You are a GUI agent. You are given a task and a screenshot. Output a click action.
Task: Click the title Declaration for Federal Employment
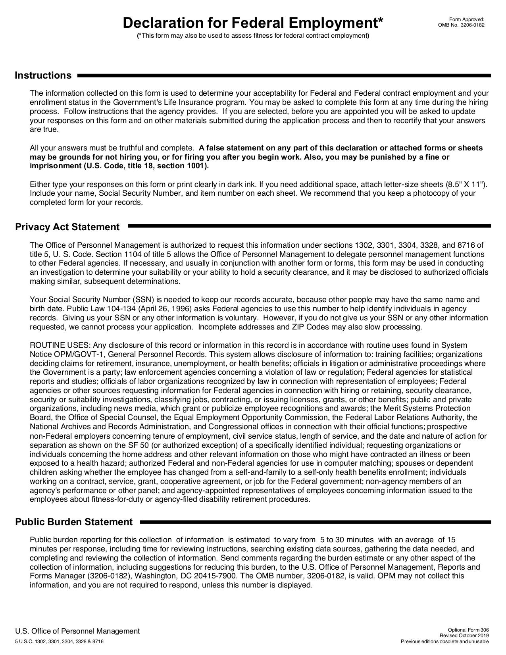(x=253, y=23)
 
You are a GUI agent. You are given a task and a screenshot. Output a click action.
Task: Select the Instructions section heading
(x=43, y=75)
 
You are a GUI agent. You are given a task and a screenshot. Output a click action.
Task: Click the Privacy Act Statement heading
(x=67, y=227)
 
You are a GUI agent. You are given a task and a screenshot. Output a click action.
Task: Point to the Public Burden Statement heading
(x=74, y=522)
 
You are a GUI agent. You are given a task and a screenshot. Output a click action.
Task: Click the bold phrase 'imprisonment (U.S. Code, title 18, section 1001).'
(x=119, y=166)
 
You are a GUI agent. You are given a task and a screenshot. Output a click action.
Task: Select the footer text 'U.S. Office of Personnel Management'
(x=77, y=631)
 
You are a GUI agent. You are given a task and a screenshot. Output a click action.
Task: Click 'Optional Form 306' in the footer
(x=468, y=630)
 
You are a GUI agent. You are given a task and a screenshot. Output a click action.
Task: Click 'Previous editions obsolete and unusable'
(x=445, y=642)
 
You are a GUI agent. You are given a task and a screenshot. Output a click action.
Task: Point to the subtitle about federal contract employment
(x=253, y=36)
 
